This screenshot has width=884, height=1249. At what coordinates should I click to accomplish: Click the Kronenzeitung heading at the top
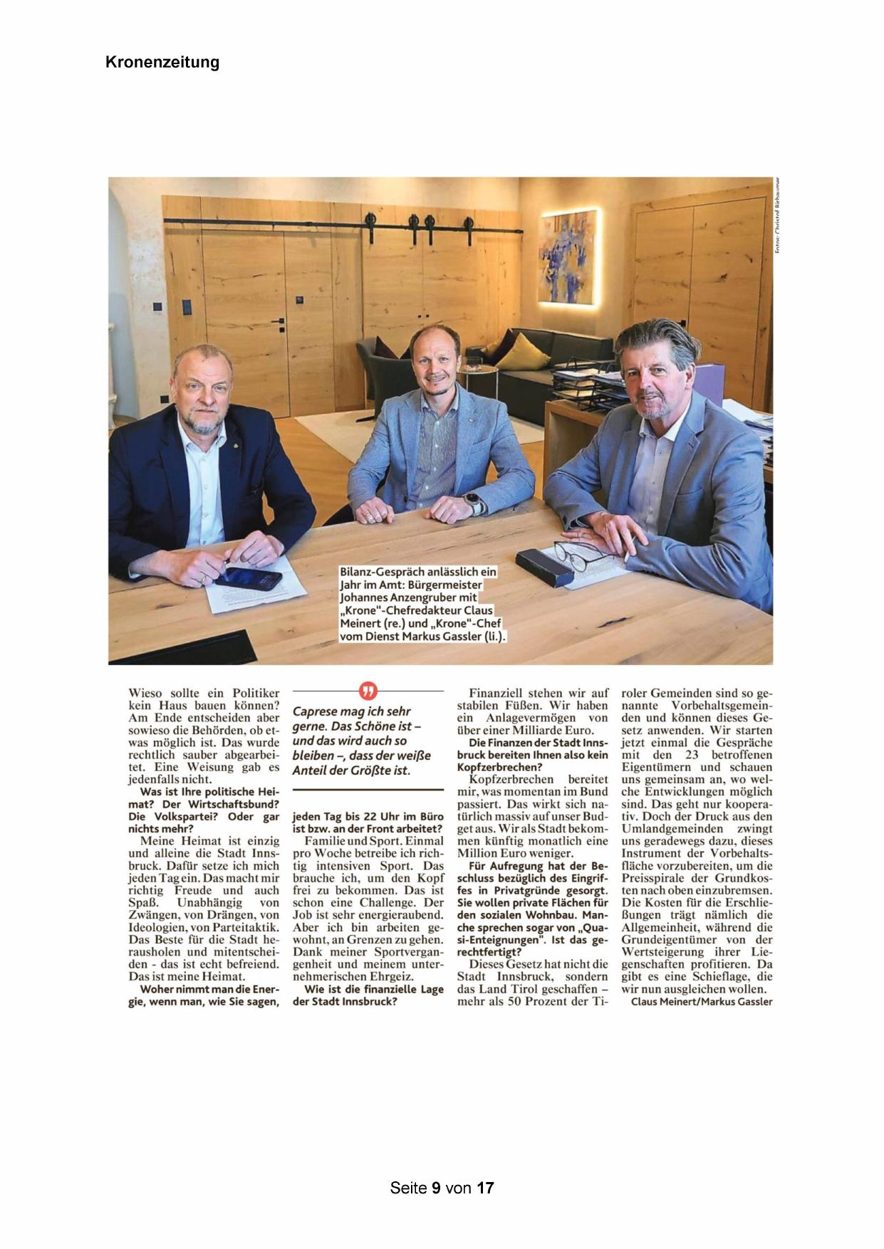pyautogui.click(x=162, y=62)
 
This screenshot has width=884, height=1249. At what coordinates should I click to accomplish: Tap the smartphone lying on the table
pyautogui.click(x=249, y=579)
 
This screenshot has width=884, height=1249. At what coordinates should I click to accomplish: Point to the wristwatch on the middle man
pyautogui.click(x=472, y=501)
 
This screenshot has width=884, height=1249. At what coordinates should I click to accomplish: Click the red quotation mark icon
pyautogui.click(x=368, y=691)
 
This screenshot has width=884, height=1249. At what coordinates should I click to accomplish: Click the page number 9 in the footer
pyautogui.click(x=435, y=1188)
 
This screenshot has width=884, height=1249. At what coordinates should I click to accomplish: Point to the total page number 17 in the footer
pyautogui.click(x=485, y=1188)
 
